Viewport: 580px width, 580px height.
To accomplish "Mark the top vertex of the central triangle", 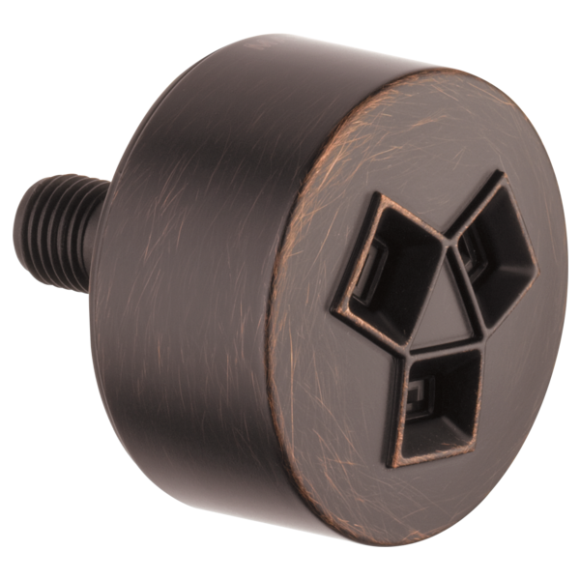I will click(x=449, y=244).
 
